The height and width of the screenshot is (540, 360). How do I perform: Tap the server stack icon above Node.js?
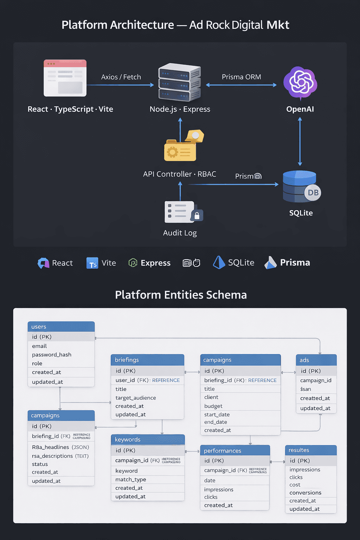click(180, 82)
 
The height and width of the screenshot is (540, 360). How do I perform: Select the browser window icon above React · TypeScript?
click(65, 78)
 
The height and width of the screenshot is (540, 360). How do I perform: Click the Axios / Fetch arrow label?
click(121, 77)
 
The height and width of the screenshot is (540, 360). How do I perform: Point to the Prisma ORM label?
click(241, 77)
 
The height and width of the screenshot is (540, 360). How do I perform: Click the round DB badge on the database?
click(313, 193)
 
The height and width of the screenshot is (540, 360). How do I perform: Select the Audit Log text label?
click(180, 233)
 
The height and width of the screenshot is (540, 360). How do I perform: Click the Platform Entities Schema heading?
click(181, 295)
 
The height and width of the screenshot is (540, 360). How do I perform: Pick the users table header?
click(61, 327)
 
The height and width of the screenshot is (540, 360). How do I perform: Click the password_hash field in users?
click(52, 355)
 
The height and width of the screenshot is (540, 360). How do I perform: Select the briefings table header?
click(147, 360)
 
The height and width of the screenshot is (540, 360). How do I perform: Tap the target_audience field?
click(136, 398)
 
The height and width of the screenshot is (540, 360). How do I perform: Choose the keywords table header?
click(148, 439)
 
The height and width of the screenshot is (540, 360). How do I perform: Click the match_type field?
click(131, 480)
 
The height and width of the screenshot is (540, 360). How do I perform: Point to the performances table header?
click(235, 451)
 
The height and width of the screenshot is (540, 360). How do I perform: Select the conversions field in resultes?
click(305, 493)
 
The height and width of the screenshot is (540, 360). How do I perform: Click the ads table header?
click(316, 360)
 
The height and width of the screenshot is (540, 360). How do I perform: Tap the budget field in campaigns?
click(213, 406)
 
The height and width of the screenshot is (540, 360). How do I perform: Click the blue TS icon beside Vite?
click(92, 263)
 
